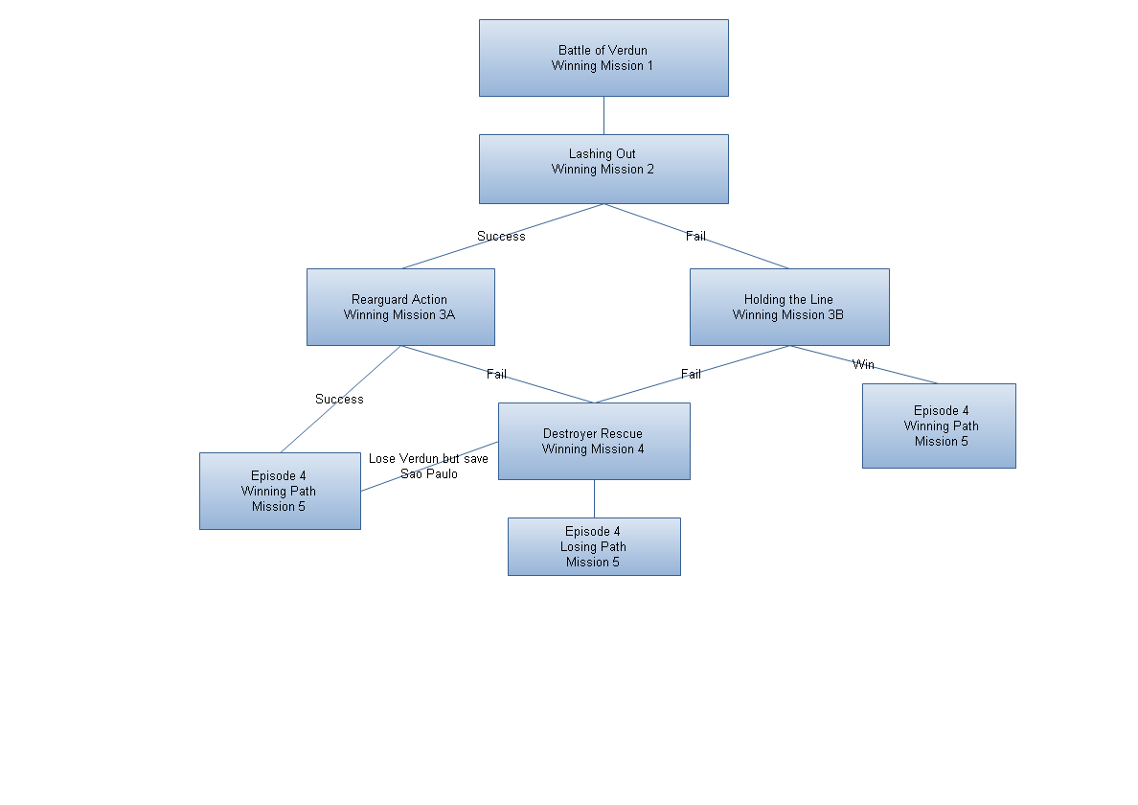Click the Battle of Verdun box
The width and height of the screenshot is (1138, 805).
[x=603, y=57]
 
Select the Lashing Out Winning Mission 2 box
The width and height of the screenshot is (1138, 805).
[x=603, y=169]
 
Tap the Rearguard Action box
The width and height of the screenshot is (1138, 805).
[x=400, y=307]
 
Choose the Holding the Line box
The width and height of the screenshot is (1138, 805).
[x=789, y=307]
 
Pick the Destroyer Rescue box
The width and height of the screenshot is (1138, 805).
[x=594, y=441]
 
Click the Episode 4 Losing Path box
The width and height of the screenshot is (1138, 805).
[x=594, y=546]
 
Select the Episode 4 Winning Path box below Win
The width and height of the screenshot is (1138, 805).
[x=939, y=425]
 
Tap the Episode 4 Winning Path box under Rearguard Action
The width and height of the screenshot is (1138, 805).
[x=280, y=491]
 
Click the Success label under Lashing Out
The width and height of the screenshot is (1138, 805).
[x=501, y=236]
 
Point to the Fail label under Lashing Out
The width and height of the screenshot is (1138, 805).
[x=695, y=236]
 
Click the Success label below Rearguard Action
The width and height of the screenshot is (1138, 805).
[x=339, y=399]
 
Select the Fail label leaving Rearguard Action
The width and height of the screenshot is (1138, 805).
[x=496, y=374]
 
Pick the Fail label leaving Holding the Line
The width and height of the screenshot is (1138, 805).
[x=691, y=374]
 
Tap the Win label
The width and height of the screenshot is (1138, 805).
[x=863, y=364]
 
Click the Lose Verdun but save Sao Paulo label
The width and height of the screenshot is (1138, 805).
[x=428, y=466]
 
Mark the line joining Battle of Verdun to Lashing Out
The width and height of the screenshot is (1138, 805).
[x=603, y=115]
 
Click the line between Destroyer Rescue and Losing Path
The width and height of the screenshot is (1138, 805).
[x=594, y=498]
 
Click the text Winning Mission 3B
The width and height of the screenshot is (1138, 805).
[x=788, y=314]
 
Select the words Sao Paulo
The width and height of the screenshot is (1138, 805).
[x=429, y=473]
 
